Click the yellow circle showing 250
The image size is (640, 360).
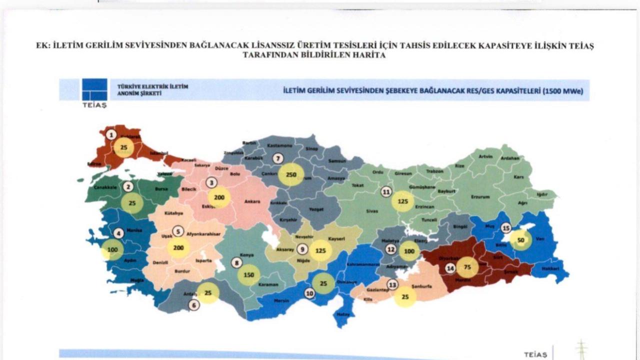[x=291, y=175]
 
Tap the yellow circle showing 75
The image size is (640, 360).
[x=467, y=267]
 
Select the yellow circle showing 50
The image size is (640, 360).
[x=521, y=240]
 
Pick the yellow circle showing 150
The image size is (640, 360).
[x=248, y=275]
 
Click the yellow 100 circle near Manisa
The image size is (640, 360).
[x=112, y=249]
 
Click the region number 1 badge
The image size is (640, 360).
[x=111, y=134]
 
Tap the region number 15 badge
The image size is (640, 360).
[x=506, y=228]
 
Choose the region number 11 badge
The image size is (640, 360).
[x=385, y=191]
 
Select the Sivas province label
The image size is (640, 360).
[x=371, y=211]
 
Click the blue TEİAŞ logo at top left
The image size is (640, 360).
[x=94, y=90]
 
